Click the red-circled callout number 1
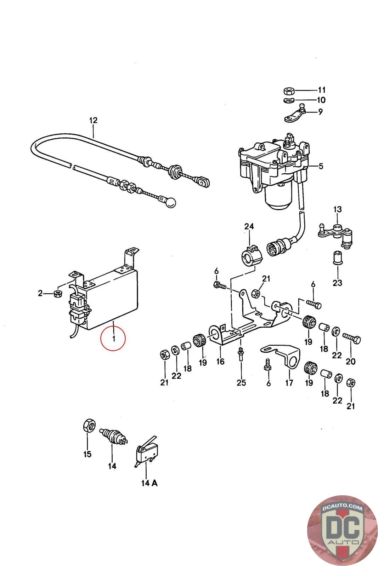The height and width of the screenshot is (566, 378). pos(114,338)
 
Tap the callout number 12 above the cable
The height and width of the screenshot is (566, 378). pos(93,120)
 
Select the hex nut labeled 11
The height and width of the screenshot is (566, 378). pos(288,91)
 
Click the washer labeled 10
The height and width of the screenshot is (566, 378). pos(288,100)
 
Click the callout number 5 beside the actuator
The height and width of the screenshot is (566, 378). pos(321,166)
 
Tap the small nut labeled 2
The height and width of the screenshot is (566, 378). pos(57,294)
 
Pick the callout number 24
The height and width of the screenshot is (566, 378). pos(249,226)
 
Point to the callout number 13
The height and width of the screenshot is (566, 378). pos(338,209)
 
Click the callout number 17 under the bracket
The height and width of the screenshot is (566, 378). pos(289,382)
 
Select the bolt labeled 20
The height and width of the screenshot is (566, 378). pos(352,338)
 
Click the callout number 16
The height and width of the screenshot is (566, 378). pos(220,362)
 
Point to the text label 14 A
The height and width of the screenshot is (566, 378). pos(149,483)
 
